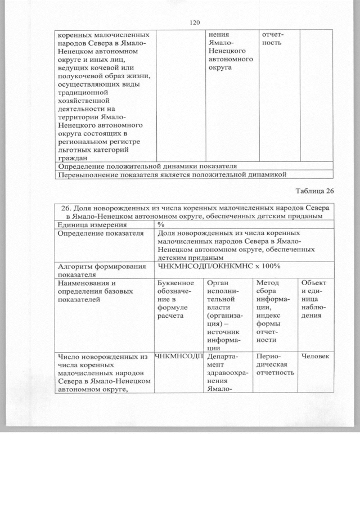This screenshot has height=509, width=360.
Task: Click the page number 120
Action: coord(195,22)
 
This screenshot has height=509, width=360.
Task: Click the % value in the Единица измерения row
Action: coord(160,225)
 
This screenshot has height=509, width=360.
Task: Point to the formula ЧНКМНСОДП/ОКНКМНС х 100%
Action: coord(219,266)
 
